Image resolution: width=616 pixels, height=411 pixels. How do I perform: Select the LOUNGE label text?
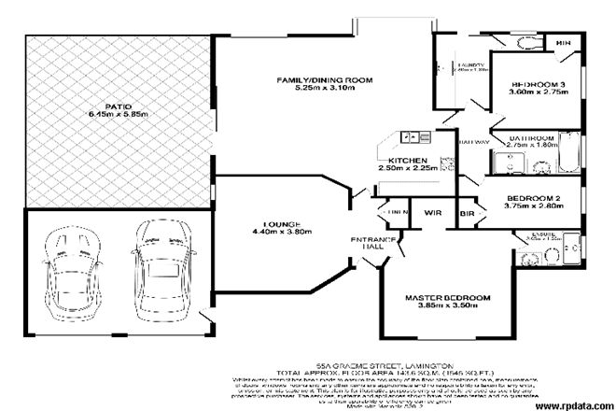pyautogui.click(x=280, y=224)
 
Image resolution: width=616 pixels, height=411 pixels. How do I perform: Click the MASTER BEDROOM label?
pyautogui.click(x=447, y=299)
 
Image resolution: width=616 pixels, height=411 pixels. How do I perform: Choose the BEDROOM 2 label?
pyautogui.click(x=532, y=198)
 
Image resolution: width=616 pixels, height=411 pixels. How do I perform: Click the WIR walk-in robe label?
pyautogui.click(x=433, y=212)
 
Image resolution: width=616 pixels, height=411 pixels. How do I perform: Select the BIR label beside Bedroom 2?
pyautogui.click(x=468, y=213)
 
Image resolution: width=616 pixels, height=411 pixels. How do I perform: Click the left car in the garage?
pyautogui.click(x=68, y=271)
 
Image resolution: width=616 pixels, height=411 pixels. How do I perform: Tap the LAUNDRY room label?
pyautogui.click(x=470, y=66)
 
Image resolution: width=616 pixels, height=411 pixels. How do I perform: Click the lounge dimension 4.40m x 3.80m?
pyautogui.click(x=280, y=234)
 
